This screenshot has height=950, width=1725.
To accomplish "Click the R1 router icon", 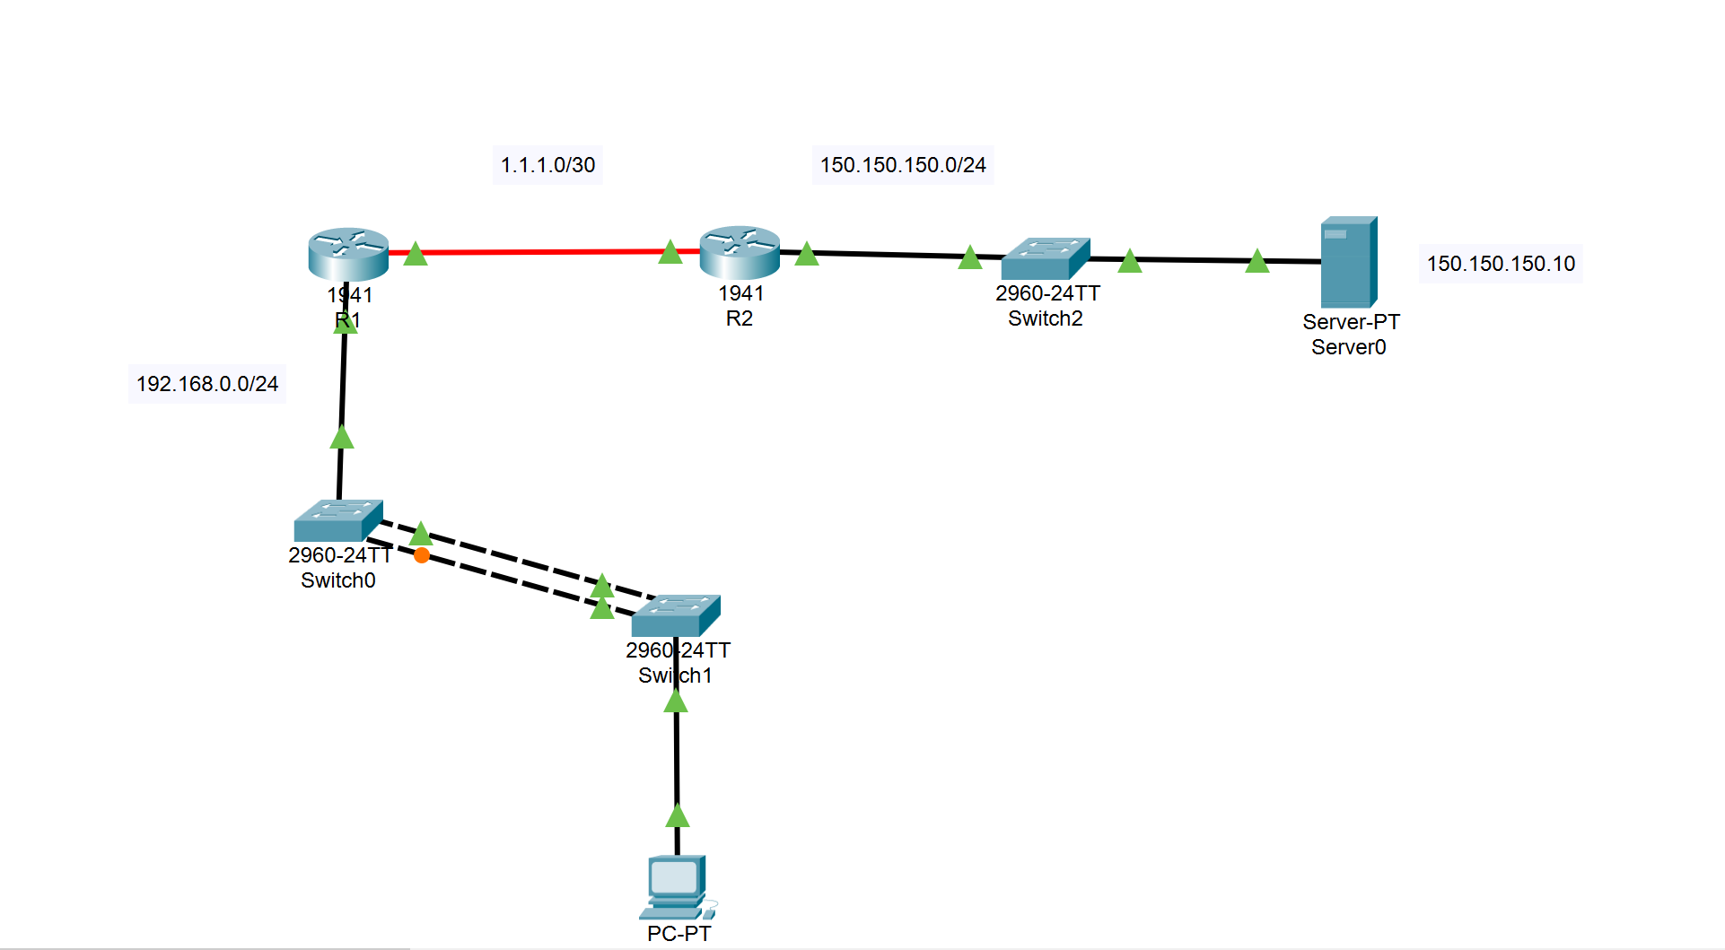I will tap(348, 253).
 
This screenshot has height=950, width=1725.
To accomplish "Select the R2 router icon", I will tap(740, 251).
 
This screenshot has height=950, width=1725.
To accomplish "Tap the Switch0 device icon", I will tap(337, 520).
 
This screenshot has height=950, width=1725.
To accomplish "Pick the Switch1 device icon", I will tap(675, 615).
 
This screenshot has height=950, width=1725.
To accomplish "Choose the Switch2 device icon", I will tap(1045, 258).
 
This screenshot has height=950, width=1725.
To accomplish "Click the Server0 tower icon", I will tap(1348, 262).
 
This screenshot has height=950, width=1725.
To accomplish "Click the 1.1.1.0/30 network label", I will tap(547, 165).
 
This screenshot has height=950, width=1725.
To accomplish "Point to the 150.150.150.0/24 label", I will tap(903, 165).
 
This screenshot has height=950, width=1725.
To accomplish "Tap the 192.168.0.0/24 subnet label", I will tap(207, 384).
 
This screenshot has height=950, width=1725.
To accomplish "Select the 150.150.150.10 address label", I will tap(1501, 264).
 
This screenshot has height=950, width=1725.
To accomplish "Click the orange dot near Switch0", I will tap(422, 555).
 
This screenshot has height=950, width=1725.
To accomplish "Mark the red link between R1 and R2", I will tap(539, 252).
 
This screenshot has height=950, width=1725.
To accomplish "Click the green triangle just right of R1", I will tap(415, 255).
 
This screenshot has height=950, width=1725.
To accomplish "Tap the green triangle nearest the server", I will tap(1257, 261).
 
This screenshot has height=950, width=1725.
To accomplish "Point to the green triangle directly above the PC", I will tap(678, 816).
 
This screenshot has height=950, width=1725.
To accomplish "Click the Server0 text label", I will tap(1348, 347).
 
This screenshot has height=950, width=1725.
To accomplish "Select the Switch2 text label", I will tap(1045, 318).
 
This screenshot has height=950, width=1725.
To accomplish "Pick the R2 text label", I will tap(740, 318).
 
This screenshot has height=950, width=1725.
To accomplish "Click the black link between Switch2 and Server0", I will tap(1194, 259).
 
